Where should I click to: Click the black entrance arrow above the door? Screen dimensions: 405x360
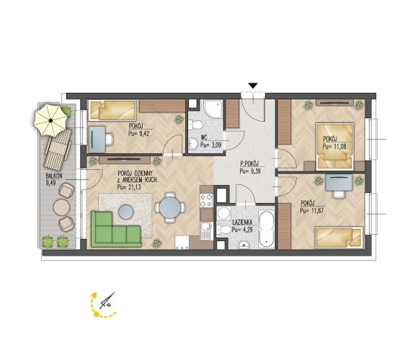253,86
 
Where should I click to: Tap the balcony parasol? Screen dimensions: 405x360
50,120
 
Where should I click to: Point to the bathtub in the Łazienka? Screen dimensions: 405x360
267,230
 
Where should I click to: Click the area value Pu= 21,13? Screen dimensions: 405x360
129,187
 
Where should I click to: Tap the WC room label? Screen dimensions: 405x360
204,137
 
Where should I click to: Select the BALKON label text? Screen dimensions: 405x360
54,176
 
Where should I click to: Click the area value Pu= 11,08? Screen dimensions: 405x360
334,147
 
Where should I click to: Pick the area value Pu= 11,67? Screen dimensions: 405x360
312,210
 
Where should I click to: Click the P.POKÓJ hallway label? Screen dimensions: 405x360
249,163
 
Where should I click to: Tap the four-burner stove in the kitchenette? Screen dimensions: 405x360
206,200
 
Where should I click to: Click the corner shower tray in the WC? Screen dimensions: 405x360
213,109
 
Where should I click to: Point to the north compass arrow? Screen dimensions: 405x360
107,301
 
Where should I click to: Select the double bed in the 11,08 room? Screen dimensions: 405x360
335,146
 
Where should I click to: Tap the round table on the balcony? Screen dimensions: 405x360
61,207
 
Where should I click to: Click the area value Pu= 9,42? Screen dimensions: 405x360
139,133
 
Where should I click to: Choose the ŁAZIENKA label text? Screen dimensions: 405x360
242,222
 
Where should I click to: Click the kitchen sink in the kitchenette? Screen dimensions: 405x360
206,230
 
